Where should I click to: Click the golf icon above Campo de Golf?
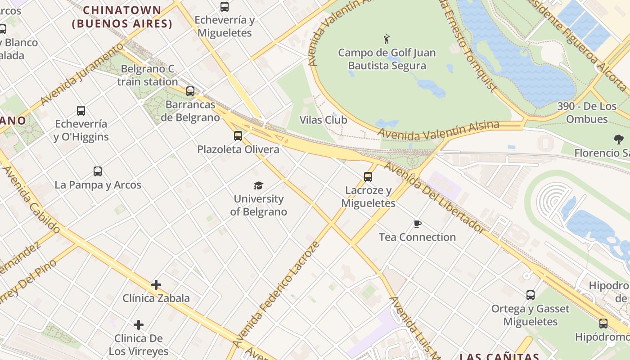(386, 39)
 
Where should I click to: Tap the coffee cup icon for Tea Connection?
(417, 224)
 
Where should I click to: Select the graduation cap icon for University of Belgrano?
(258, 185)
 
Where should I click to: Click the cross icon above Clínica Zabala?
(156, 285)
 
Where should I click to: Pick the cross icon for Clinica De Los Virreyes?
(139, 325)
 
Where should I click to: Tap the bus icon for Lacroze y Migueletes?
(368, 177)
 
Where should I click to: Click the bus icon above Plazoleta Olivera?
(238, 136)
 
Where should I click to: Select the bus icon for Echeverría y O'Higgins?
(81, 111)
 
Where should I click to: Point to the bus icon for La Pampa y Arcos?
(98, 171)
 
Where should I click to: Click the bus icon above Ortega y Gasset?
(531, 295)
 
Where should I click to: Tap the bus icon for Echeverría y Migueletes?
(225, 7)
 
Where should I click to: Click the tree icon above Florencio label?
(619, 139)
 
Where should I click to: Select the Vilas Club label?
(324, 120)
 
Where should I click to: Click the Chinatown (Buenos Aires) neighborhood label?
(122, 17)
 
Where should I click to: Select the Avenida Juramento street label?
(81, 75)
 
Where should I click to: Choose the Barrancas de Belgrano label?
(193, 111)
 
